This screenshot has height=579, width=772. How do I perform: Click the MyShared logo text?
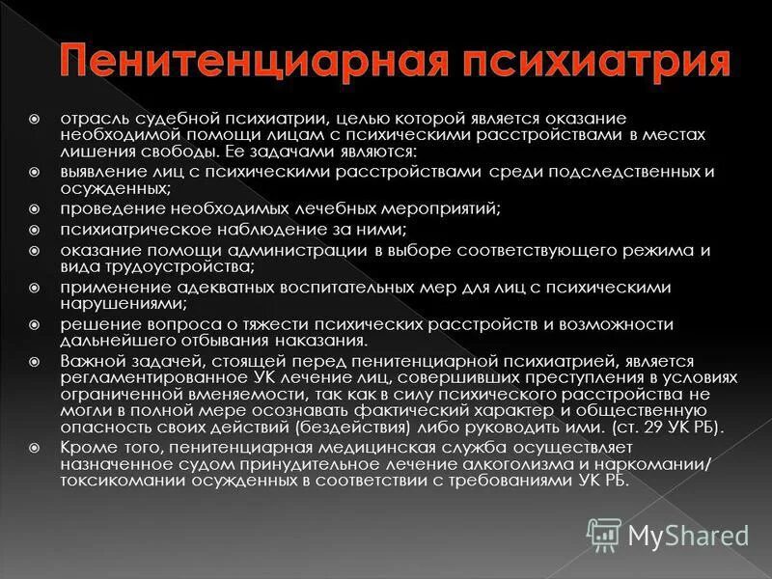click(689, 534)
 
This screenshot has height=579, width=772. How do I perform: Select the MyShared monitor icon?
click(605, 534)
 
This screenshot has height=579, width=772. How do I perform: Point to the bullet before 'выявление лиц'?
click(34, 173)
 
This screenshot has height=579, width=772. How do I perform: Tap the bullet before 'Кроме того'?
click(34, 447)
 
